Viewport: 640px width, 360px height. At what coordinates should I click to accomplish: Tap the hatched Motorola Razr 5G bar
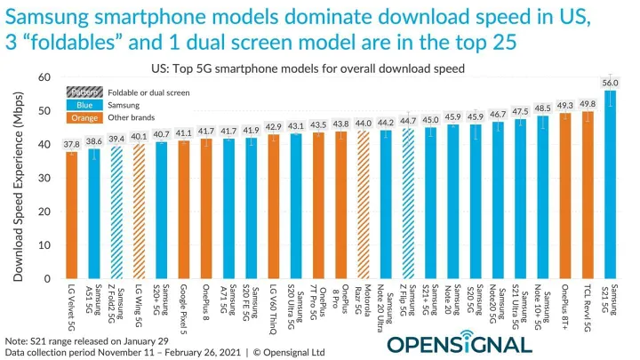coord(364,204)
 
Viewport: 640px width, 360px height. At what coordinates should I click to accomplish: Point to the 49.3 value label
coord(564,106)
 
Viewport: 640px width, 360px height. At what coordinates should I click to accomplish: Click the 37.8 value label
coord(71,144)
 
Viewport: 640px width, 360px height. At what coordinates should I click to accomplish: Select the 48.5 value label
coord(542,108)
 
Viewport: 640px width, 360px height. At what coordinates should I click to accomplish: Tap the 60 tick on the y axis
coord(47,78)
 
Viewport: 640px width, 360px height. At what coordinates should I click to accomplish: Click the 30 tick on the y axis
coord(47,178)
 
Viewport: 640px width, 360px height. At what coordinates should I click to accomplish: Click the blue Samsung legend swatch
coord(83,105)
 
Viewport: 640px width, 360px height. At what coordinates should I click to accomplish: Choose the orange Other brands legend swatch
coord(83,117)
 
